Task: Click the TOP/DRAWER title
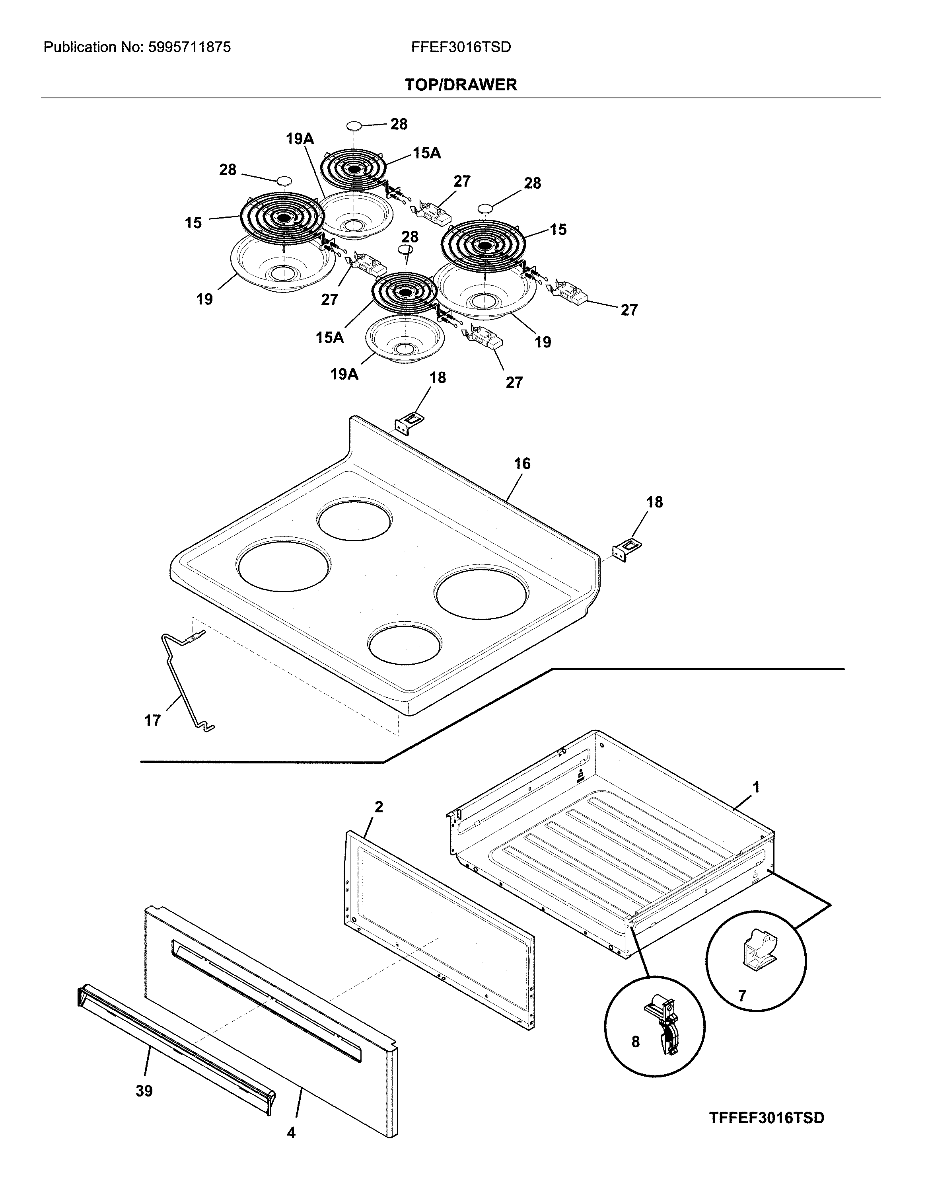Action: (x=461, y=85)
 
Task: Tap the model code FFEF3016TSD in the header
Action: (x=461, y=47)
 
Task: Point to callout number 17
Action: (x=152, y=720)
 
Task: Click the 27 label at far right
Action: (x=629, y=310)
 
